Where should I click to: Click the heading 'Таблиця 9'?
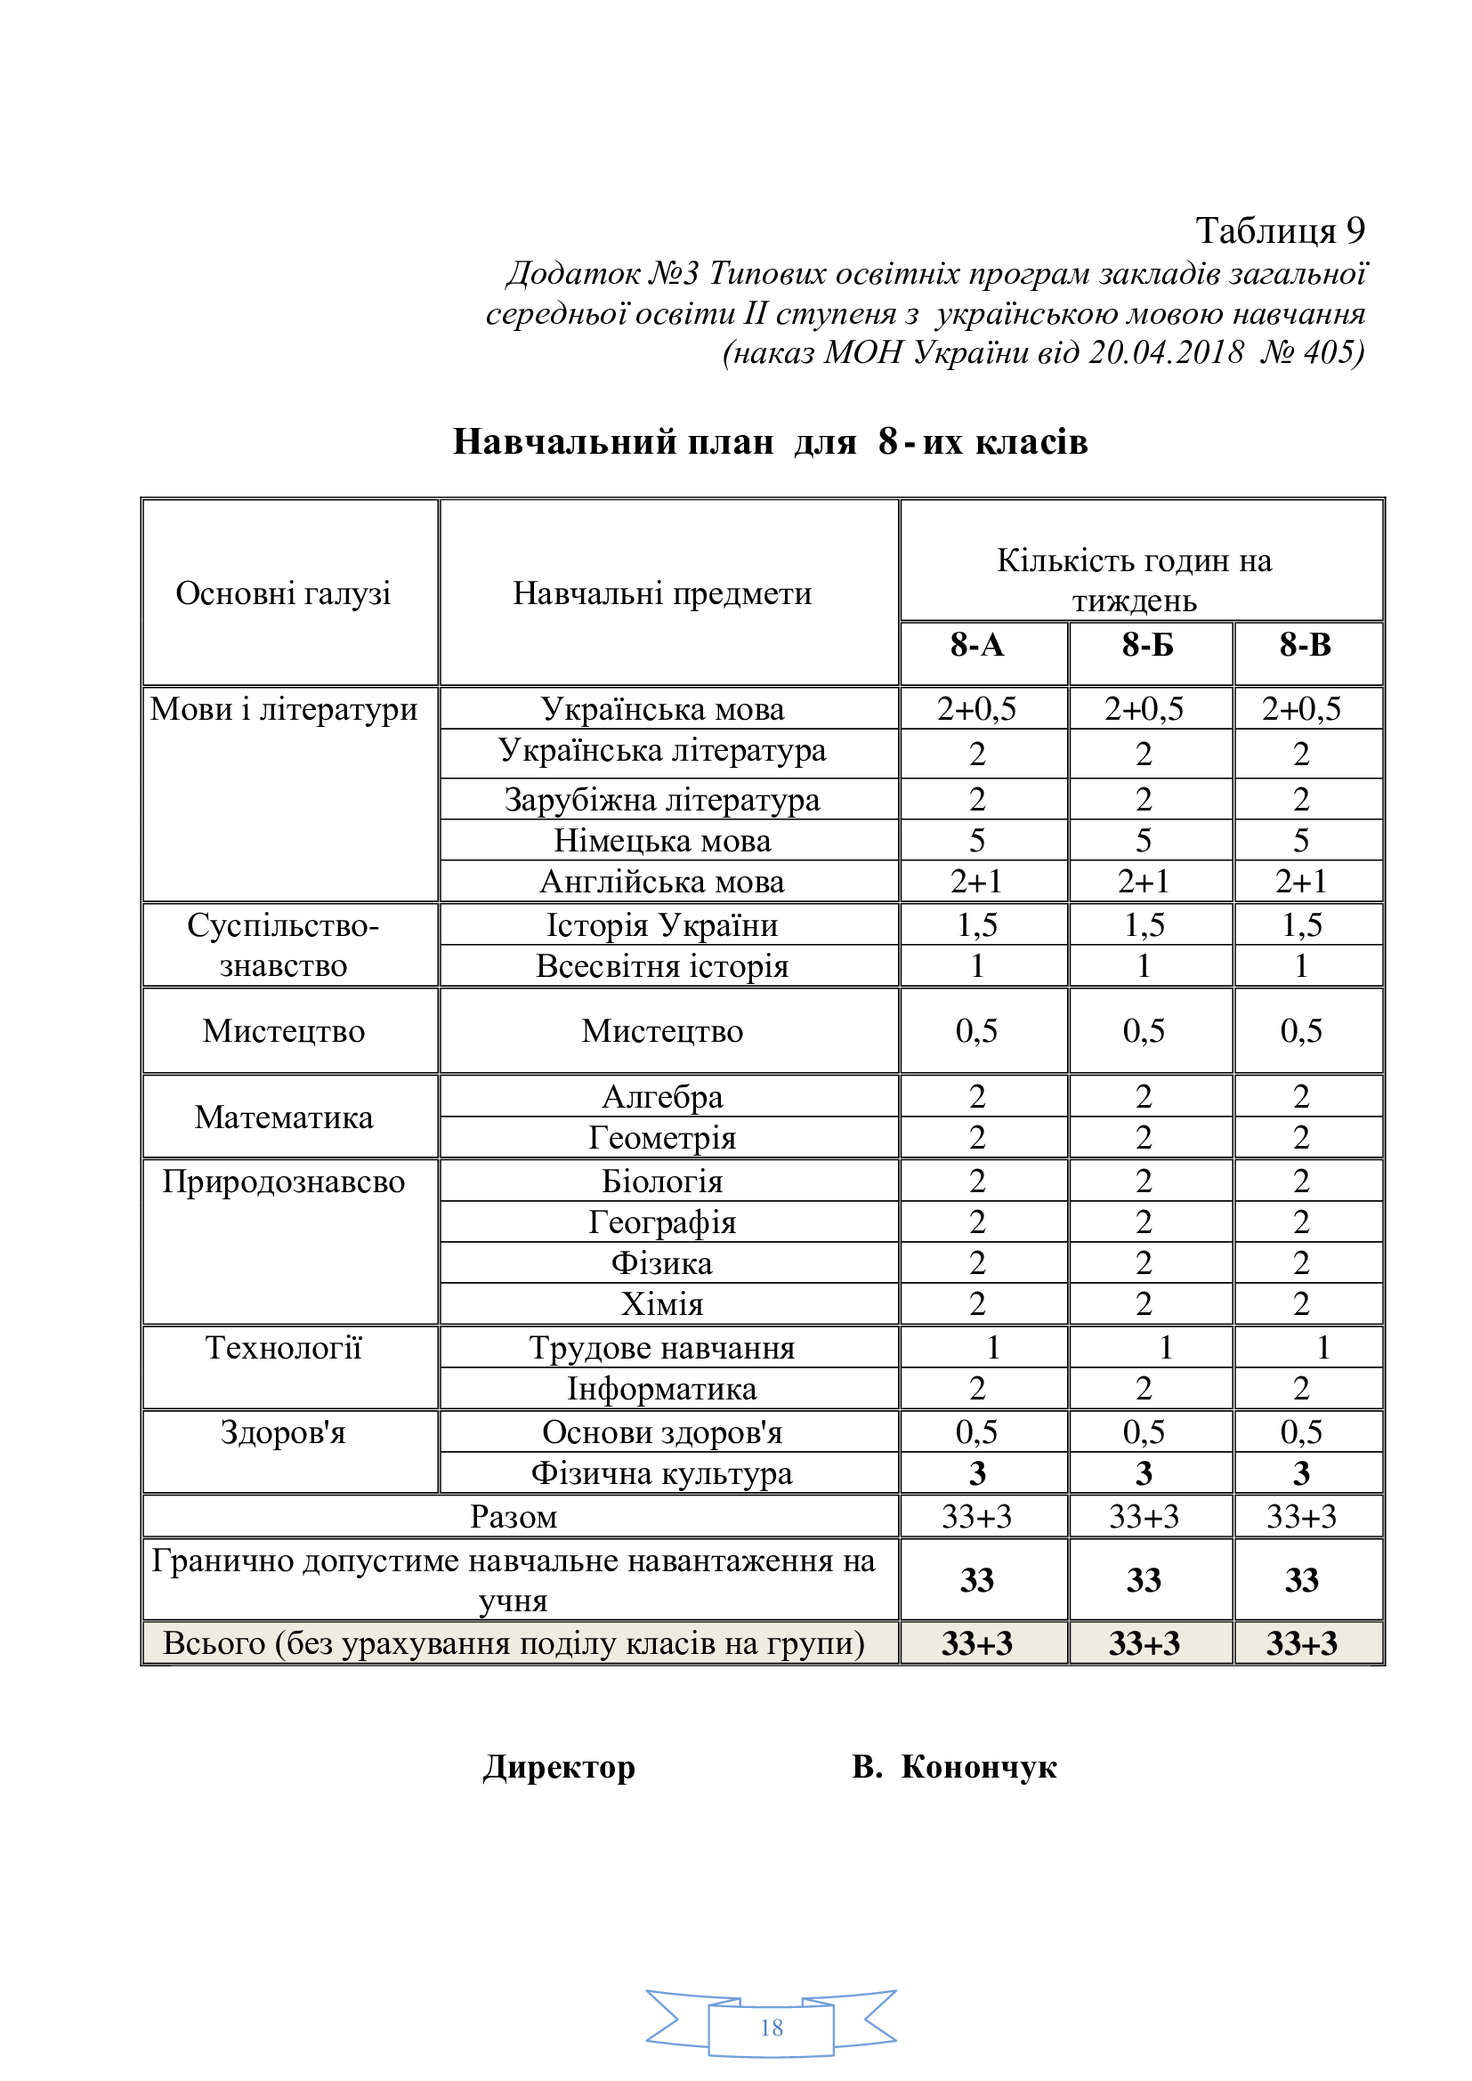[1279, 231]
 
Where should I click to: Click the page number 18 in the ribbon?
[772, 2028]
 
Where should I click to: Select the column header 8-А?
[977, 645]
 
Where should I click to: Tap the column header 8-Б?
[1146, 645]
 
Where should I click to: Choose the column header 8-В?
[1306, 645]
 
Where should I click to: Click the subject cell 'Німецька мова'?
[663, 841]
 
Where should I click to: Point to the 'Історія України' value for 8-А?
[977, 924]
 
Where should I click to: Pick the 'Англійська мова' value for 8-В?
[1301, 881]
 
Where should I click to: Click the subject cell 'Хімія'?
[663, 1304]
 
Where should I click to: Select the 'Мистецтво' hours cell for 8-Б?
[1144, 1030]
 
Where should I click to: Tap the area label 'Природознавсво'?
[284, 1182]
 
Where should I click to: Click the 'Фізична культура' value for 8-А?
[977, 1473]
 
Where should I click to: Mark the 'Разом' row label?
[514, 1517]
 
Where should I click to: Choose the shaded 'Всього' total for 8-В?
[1302, 1643]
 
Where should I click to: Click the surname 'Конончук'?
[979, 1767]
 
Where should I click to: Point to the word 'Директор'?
[559, 1767]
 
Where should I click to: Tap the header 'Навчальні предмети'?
[663, 593]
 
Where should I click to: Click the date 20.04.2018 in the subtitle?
[1166, 351]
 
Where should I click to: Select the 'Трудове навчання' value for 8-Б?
[1166, 1348]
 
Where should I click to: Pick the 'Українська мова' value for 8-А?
[977, 709]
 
